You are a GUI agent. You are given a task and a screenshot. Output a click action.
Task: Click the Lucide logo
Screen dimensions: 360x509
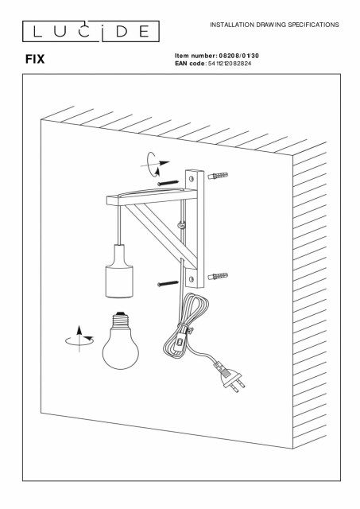[91, 31]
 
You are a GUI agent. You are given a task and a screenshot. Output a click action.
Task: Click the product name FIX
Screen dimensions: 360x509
[35, 59]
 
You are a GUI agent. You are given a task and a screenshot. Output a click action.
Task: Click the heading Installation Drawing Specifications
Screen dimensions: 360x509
[274, 25]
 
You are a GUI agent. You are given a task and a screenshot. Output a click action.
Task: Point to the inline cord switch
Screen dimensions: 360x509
[178, 346]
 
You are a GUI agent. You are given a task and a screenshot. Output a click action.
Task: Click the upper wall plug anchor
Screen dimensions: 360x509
[218, 176]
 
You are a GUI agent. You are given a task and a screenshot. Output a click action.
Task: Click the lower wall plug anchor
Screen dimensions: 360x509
[218, 277]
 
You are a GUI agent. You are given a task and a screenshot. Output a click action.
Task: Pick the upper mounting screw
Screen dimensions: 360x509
[168, 183]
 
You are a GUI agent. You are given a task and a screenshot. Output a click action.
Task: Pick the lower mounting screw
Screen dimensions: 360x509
[168, 284]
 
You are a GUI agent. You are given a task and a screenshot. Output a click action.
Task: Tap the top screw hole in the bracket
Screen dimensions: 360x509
[191, 178]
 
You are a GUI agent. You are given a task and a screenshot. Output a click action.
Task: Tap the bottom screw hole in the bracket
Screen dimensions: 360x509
[191, 279]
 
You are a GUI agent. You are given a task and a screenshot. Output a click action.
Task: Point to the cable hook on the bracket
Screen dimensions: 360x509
[182, 224]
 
